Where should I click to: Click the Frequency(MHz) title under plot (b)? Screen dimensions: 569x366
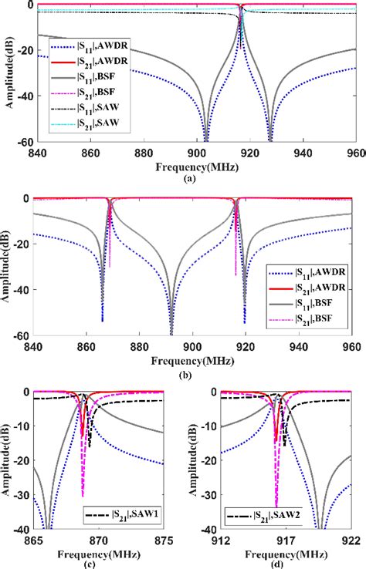pos(193,359)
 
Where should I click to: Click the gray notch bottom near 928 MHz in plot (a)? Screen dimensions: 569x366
pos(269,140)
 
